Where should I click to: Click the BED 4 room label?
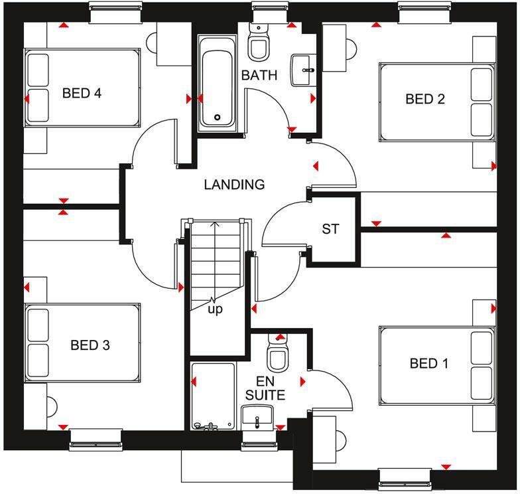click(x=82, y=93)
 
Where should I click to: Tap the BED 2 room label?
click(x=425, y=99)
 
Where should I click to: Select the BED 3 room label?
click(x=90, y=345)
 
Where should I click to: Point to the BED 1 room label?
click(x=429, y=363)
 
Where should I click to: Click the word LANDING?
click(x=234, y=185)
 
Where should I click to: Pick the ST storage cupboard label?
click(x=330, y=229)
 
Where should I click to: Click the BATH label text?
click(x=259, y=75)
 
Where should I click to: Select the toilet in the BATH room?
click(x=257, y=44)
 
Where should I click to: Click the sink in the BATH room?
click(x=305, y=68)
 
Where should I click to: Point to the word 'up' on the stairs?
click(x=216, y=309)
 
